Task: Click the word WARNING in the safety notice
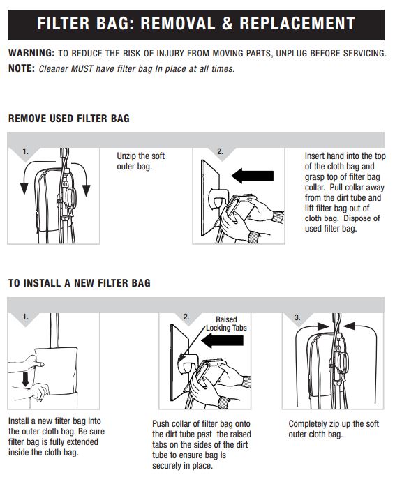[31, 53]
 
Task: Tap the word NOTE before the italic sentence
[22, 68]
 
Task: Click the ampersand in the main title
[227, 24]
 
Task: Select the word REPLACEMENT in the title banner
[297, 24]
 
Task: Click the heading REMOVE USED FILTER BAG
[69, 119]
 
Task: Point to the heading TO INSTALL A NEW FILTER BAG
[80, 283]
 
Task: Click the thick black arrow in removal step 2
[253, 176]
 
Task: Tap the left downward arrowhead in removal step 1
[24, 188]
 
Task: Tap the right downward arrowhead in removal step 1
[86, 190]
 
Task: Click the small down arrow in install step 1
[25, 379]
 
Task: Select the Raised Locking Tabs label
[226, 324]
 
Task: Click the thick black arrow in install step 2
[222, 340]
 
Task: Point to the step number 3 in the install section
[297, 317]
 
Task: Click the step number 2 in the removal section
[220, 151]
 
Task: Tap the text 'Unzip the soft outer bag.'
[141, 161]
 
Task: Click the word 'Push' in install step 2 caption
[161, 424]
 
